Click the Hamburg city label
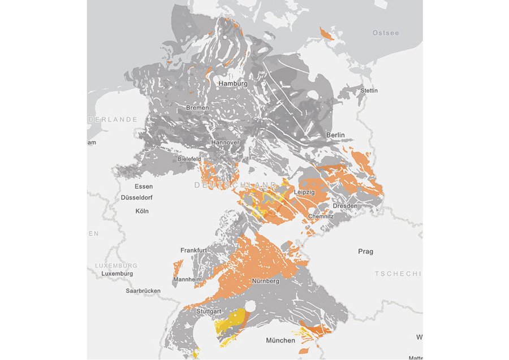coord(232,84)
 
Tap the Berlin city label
coord(335,136)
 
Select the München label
coord(281,340)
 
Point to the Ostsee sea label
coord(385,33)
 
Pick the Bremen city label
coord(197,107)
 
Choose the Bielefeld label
coord(189,159)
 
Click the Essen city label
coord(144,186)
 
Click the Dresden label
coord(345,206)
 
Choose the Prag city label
coord(365,251)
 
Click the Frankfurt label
coord(193,250)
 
